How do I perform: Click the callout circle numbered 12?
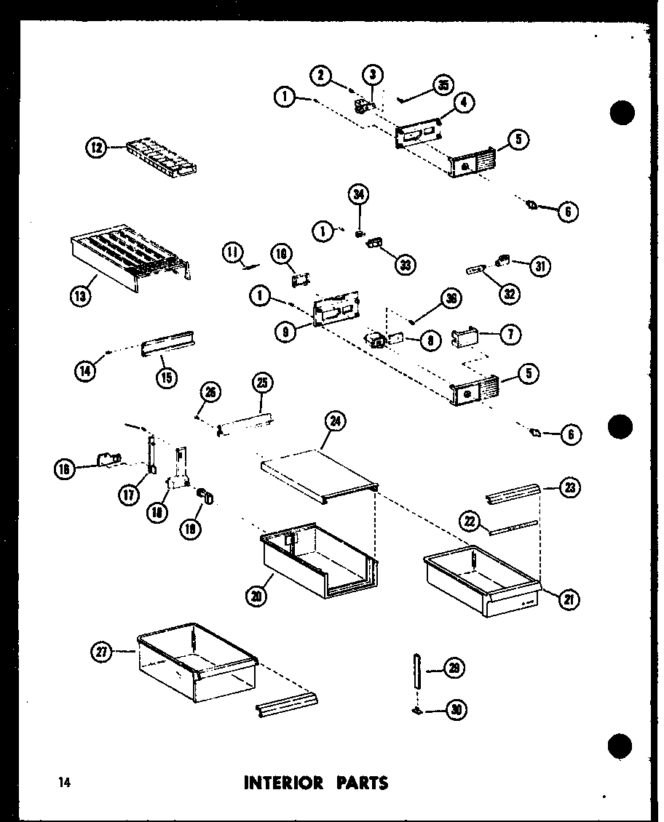coord(96,148)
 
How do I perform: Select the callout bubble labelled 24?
coord(336,420)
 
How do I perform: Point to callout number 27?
coord(103,653)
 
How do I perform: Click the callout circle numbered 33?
coord(404,265)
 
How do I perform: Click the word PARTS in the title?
coord(361,783)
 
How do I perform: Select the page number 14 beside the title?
coord(65,783)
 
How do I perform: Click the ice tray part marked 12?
coord(160,156)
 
